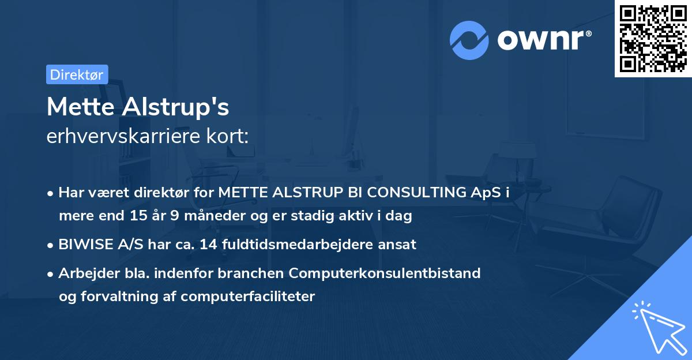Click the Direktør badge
click(x=77, y=74)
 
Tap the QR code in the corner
click(x=653, y=38)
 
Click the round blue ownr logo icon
click(x=469, y=40)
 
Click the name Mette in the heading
click(x=80, y=107)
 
